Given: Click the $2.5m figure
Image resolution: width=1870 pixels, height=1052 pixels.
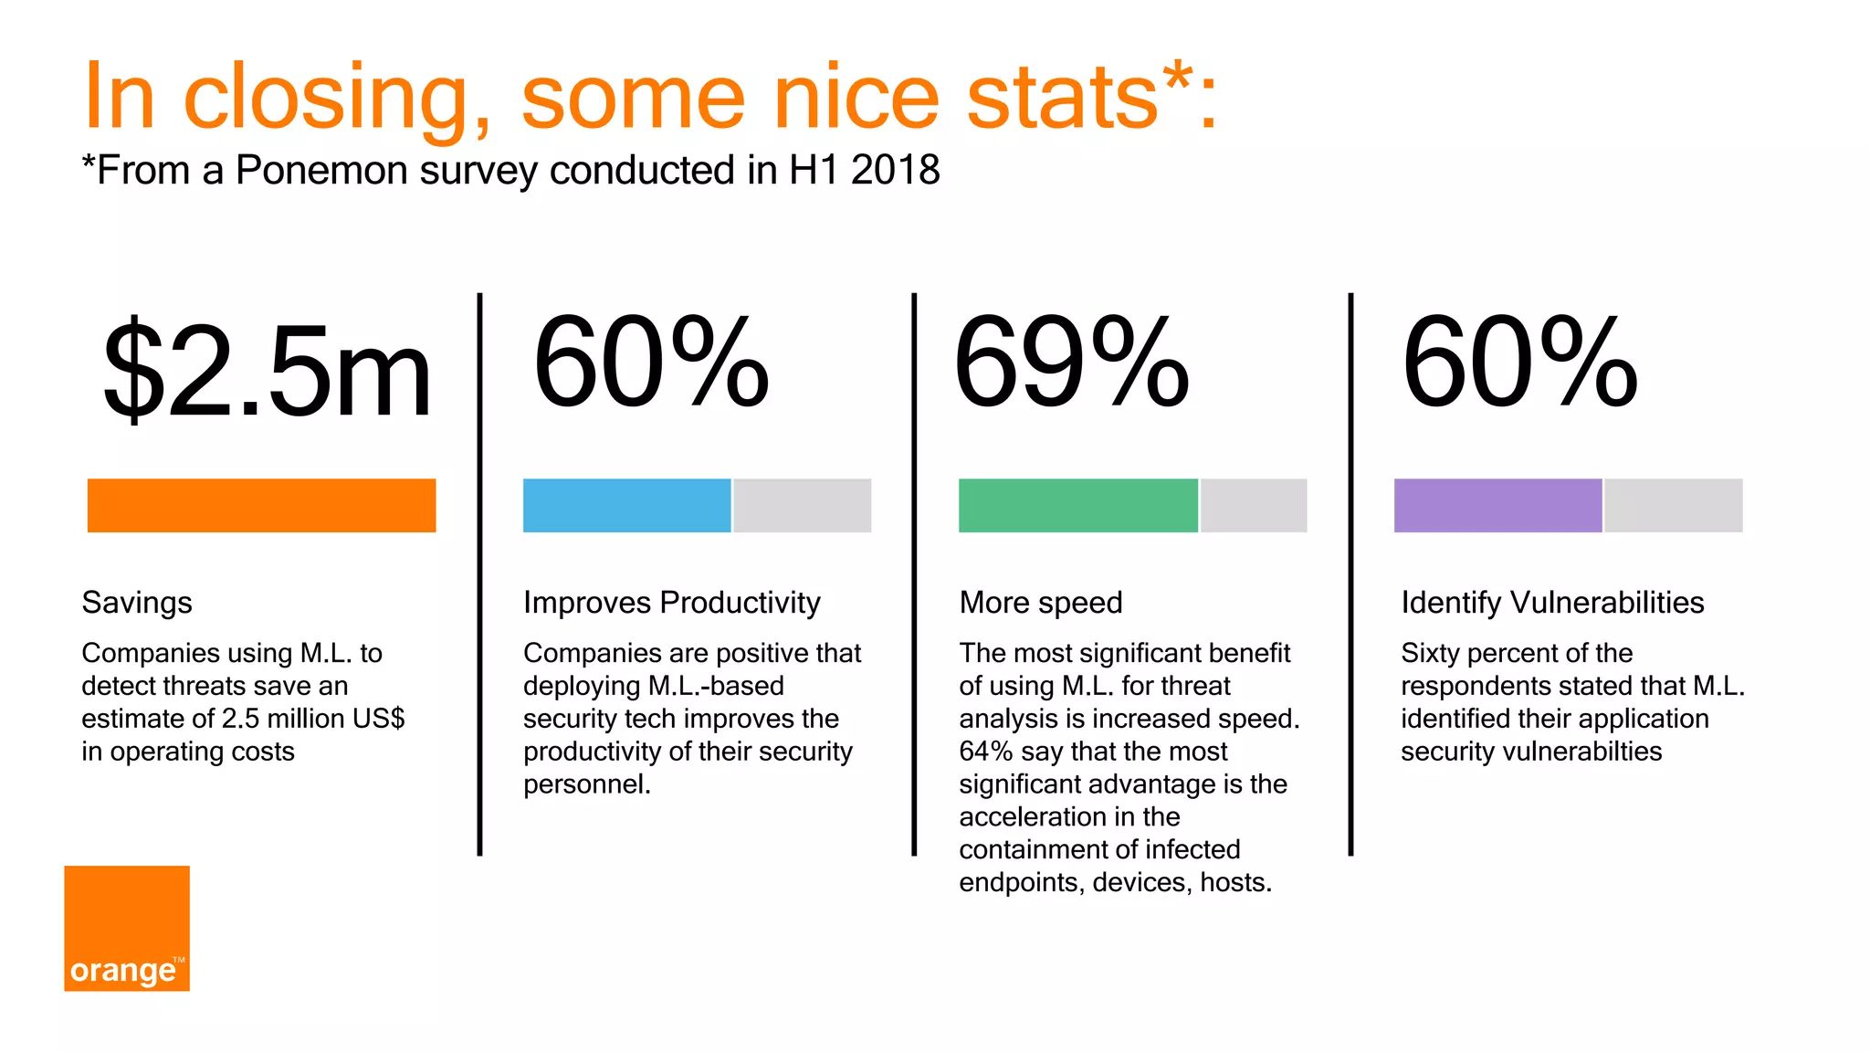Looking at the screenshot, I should [x=267, y=370].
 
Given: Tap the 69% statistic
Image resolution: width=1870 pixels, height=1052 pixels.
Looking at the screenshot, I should [x=1070, y=362].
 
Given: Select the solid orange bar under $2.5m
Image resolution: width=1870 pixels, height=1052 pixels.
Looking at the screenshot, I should [x=261, y=505].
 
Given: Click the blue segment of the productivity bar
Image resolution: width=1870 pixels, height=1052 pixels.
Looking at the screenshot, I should [x=626, y=505].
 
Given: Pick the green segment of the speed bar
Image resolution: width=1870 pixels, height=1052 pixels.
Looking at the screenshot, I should [x=1077, y=505].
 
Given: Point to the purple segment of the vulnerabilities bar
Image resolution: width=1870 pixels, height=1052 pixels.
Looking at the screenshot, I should [x=1497, y=505].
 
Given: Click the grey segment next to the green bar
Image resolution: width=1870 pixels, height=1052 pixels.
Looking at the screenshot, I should [x=1254, y=505].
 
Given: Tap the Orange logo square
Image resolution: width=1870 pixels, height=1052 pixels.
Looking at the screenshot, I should [x=127, y=928].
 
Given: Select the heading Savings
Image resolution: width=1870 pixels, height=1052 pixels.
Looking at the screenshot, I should [x=137, y=603].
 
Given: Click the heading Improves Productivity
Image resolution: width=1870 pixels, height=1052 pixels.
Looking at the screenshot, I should [x=671, y=603].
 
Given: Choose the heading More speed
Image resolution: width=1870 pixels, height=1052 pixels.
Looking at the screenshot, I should [x=1040, y=603].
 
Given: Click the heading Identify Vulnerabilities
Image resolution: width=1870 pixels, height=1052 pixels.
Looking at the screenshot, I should [x=1552, y=603].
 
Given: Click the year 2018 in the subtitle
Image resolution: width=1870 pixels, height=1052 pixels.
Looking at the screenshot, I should [x=895, y=171].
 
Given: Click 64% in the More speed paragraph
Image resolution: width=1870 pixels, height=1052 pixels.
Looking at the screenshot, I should [x=985, y=752].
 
